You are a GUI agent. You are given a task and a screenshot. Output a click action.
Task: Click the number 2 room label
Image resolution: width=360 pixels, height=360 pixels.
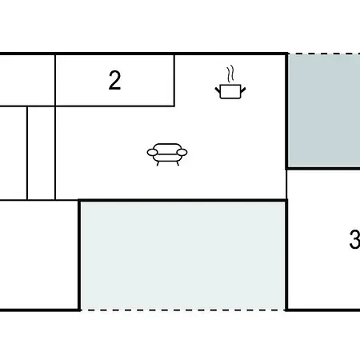(x=114, y=80)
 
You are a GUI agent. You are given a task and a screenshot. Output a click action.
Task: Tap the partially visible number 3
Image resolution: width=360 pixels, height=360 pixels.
(x=355, y=240)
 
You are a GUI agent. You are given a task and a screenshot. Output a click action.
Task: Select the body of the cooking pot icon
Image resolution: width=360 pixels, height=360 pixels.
(x=230, y=91)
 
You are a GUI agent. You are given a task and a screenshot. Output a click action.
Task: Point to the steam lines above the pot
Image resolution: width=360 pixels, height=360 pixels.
(x=230, y=74)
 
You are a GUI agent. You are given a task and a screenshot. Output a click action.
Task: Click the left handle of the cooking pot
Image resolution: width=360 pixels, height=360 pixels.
(x=218, y=90)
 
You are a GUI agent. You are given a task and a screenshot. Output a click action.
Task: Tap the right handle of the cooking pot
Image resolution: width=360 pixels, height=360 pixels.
(x=243, y=90)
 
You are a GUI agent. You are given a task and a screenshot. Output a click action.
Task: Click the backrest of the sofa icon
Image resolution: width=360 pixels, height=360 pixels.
(x=167, y=148)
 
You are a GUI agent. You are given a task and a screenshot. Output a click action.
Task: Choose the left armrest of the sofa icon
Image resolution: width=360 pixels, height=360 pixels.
(x=152, y=153)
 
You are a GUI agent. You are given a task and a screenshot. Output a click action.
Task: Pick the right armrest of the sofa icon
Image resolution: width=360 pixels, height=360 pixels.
(x=182, y=153)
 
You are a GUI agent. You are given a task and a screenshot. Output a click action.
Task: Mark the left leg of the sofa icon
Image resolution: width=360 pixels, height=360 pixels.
(x=158, y=163)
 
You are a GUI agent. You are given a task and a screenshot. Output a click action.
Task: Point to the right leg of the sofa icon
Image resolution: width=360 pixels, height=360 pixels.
(x=178, y=163)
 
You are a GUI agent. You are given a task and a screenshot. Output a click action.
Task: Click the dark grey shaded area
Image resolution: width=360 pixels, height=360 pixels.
(x=324, y=110)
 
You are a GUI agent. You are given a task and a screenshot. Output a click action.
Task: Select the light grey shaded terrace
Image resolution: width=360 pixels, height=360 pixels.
(x=183, y=255)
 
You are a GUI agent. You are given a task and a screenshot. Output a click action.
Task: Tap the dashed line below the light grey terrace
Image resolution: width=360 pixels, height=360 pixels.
(x=183, y=310)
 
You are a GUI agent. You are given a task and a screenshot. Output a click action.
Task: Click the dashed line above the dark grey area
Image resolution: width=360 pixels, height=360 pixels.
(x=324, y=54)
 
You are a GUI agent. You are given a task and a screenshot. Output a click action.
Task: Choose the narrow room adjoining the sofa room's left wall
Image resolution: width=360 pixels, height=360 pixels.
(x=41, y=153)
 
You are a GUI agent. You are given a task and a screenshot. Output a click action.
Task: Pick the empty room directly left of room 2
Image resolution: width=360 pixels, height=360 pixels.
(x=27, y=80)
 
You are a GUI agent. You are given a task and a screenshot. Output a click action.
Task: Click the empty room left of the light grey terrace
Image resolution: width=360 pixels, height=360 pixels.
(x=38, y=254)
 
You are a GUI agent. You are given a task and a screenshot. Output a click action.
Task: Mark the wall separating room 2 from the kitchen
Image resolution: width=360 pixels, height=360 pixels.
(x=174, y=80)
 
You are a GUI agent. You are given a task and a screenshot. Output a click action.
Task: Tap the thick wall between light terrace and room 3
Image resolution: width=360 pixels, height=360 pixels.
(x=286, y=255)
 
